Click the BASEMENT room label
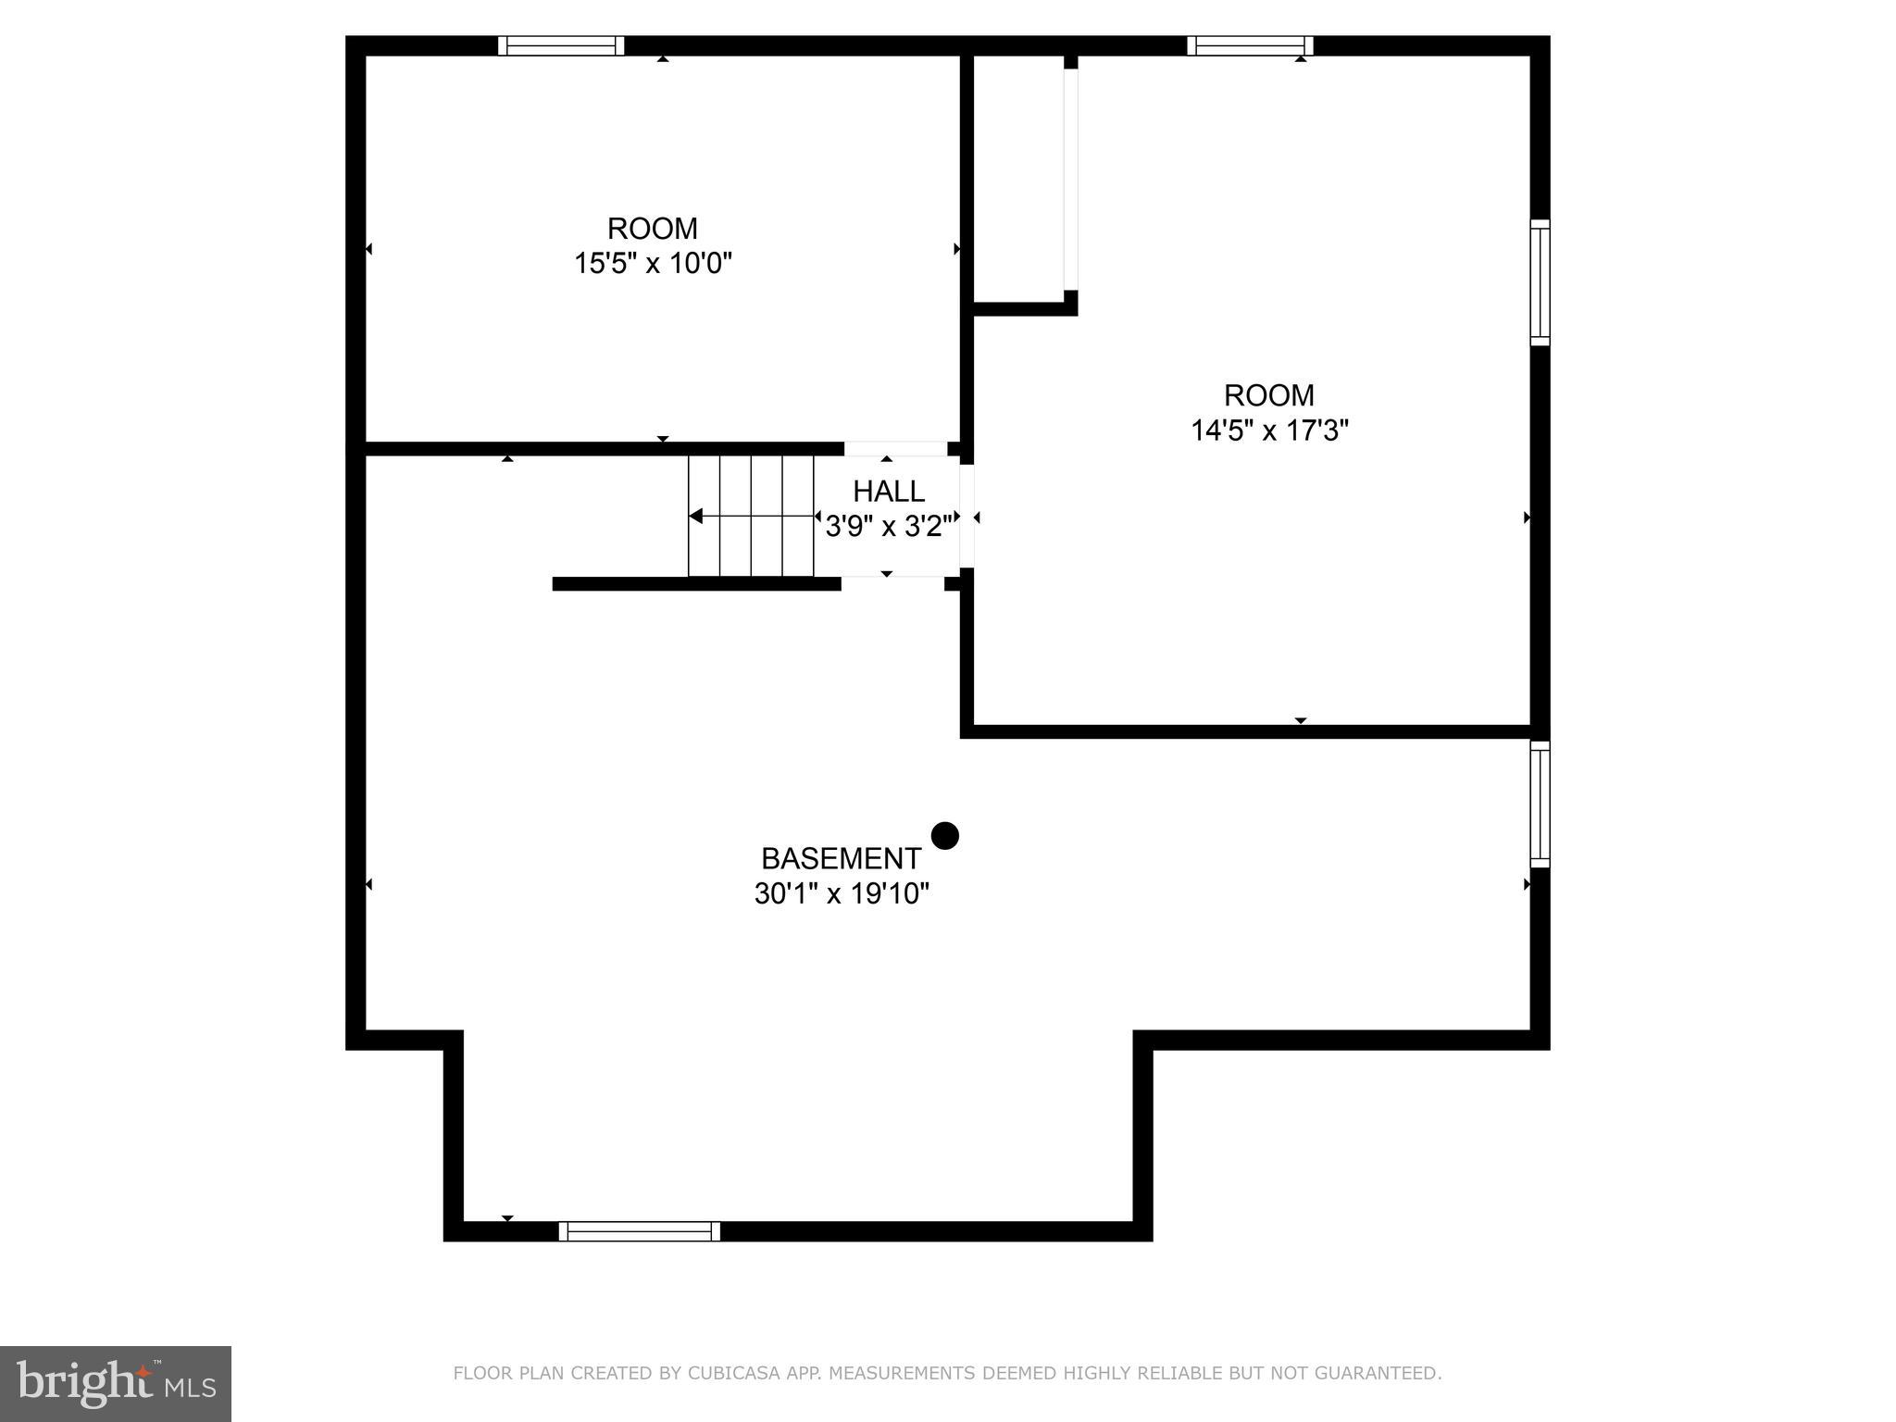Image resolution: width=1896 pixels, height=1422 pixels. point(841,858)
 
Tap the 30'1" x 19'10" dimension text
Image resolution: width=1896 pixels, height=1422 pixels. point(841,894)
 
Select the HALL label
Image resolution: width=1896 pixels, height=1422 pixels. point(888,491)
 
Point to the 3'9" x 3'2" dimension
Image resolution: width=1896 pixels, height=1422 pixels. point(888,527)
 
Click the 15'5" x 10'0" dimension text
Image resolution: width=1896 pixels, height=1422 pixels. point(653,264)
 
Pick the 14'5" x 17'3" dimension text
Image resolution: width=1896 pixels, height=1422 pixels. point(1268,430)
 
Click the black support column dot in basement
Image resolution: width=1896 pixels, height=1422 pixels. point(944,836)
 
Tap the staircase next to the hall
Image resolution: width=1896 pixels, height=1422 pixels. point(751,516)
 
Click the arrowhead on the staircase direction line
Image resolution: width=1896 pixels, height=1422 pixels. point(696,516)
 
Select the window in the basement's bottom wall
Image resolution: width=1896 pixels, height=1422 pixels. point(639,1230)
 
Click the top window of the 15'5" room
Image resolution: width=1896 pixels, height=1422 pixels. point(561,45)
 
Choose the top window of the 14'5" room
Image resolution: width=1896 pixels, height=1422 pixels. point(1250,45)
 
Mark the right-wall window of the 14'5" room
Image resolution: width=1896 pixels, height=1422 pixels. point(1539,282)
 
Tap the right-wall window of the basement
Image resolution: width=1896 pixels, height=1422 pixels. point(1539,804)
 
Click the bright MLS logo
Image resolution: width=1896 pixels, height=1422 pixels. point(115,1383)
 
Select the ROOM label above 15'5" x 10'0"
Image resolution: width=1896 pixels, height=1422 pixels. point(653,228)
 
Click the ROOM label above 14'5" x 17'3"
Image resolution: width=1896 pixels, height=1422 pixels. point(1268,395)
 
